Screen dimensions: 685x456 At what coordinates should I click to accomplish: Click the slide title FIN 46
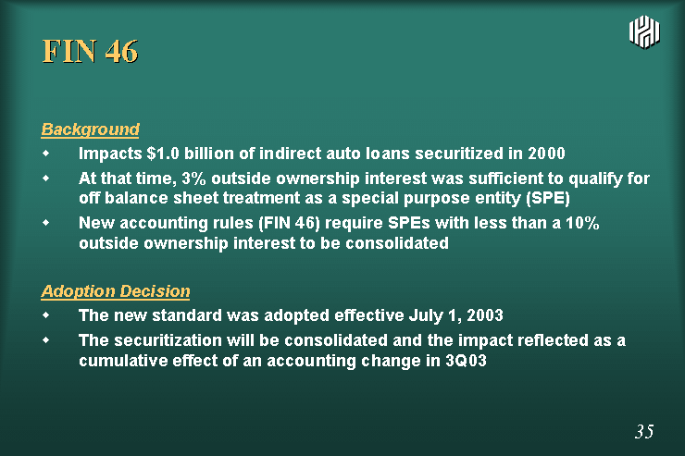(x=90, y=51)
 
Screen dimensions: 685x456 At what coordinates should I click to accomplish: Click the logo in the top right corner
(x=644, y=31)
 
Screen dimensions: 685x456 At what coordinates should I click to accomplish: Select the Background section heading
(x=91, y=129)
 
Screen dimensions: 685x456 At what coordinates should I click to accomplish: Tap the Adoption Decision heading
(x=116, y=291)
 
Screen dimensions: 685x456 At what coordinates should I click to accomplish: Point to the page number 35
(x=644, y=431)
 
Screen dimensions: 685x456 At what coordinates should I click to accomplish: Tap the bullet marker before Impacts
(x=46, y=154)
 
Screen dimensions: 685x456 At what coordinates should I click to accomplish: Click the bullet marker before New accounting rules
(x=46, y=223)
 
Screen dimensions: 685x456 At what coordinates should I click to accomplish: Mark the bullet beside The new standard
(x=46, y=314)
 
